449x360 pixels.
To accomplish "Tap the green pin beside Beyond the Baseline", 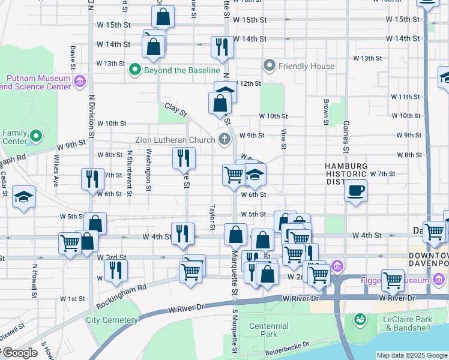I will pyautogui.click(x=135, y=70).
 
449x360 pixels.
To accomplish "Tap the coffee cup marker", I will pyautogui.click(x=355, y=191).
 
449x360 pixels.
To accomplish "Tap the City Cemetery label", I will pyautogui.click(x=112, y=320).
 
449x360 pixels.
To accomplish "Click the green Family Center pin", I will pyautogui.click(x=36, y=137).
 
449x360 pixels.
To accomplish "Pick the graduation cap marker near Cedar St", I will pyautogui.click(x=23, y=197).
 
